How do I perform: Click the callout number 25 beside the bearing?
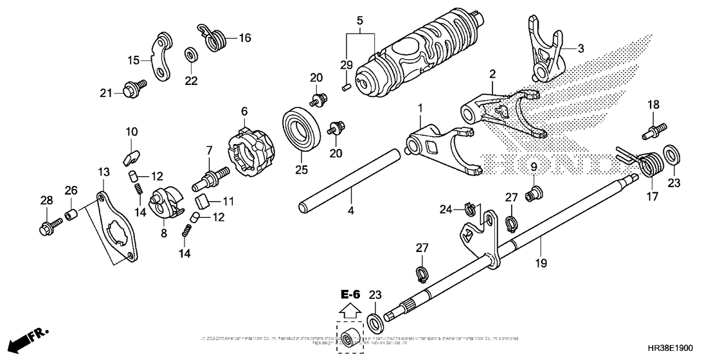click(301, 170)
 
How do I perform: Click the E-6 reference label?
click(350, 294)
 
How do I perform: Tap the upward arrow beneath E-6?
click(350, 310)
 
